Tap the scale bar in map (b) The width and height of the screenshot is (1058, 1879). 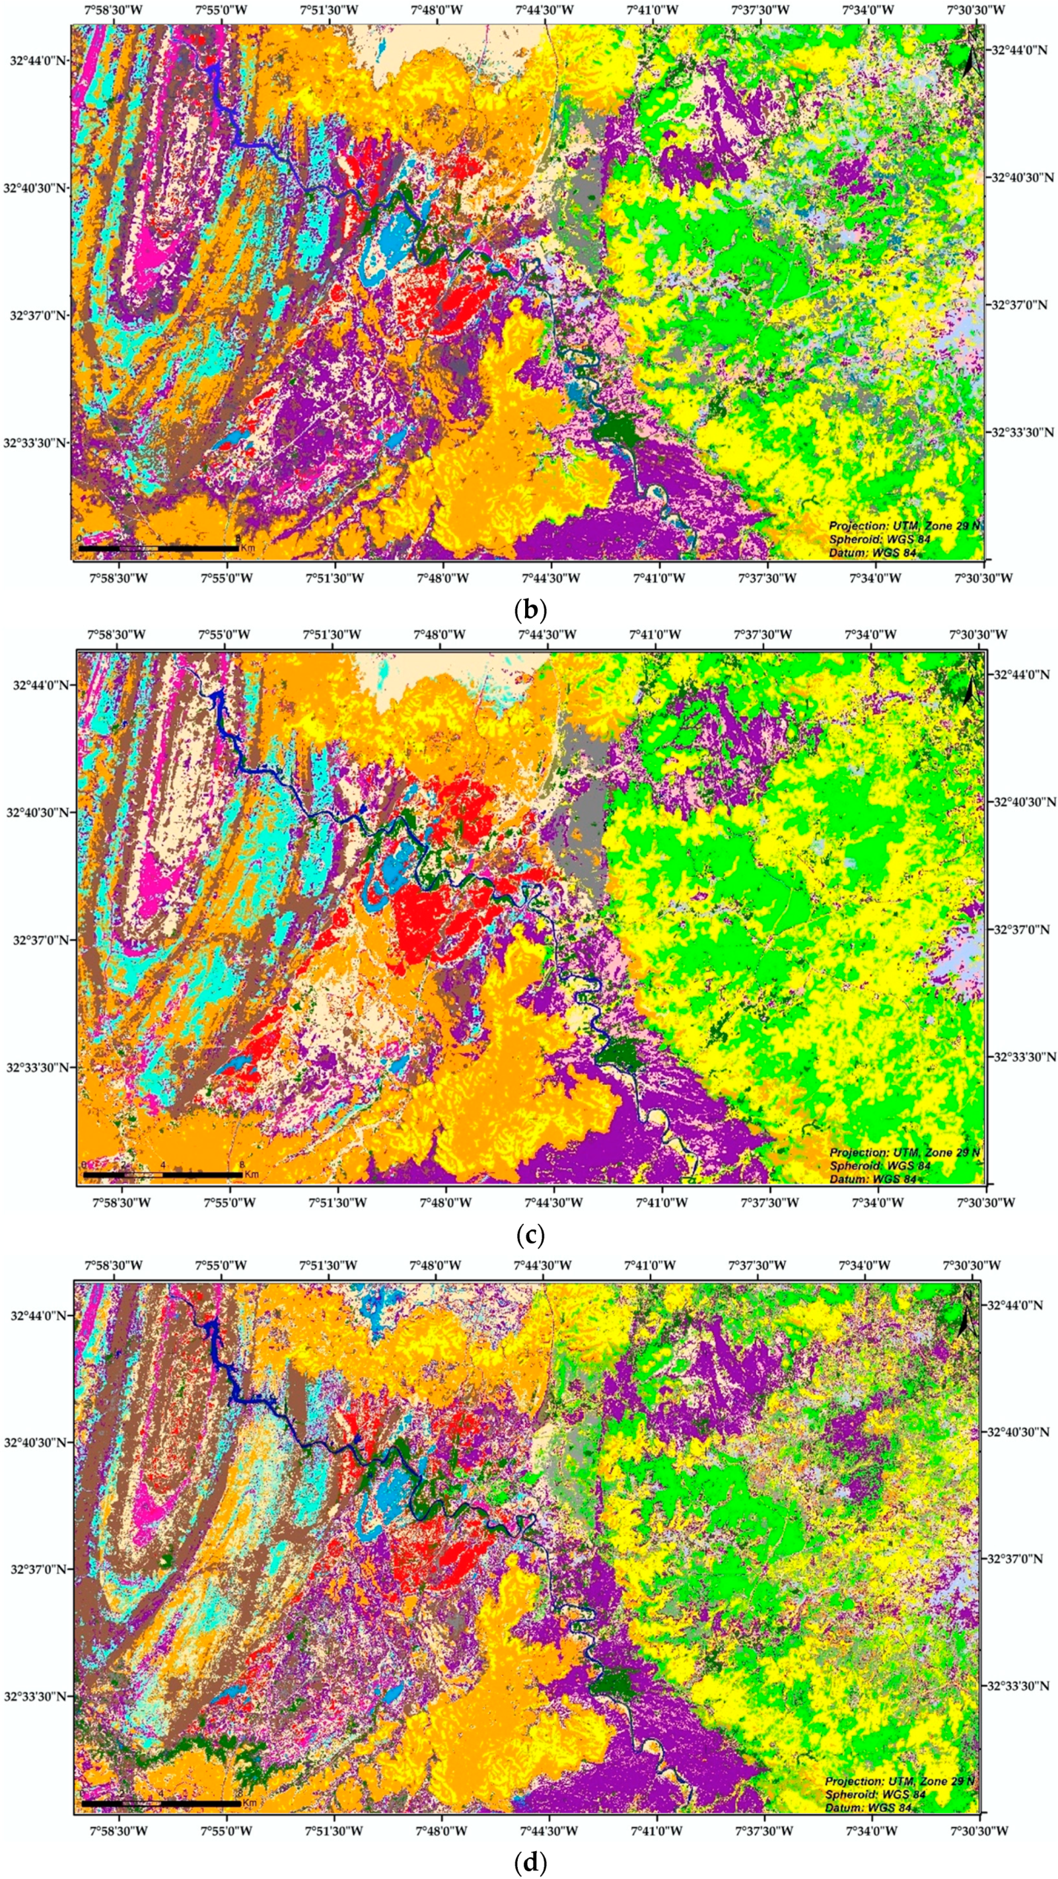[157, 547]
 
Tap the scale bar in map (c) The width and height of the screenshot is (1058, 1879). [162, 1174]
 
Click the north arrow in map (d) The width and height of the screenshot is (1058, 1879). [968, 1314]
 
